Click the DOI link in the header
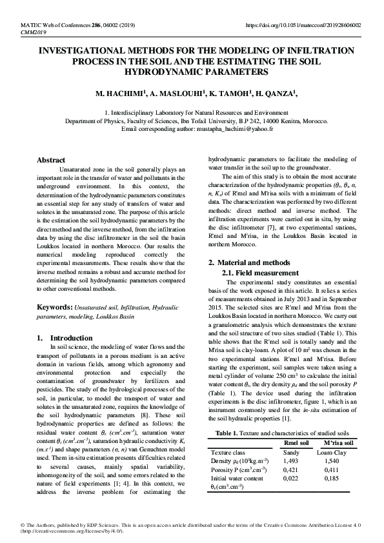pos(304,25)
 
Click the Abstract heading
pos(51,160)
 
